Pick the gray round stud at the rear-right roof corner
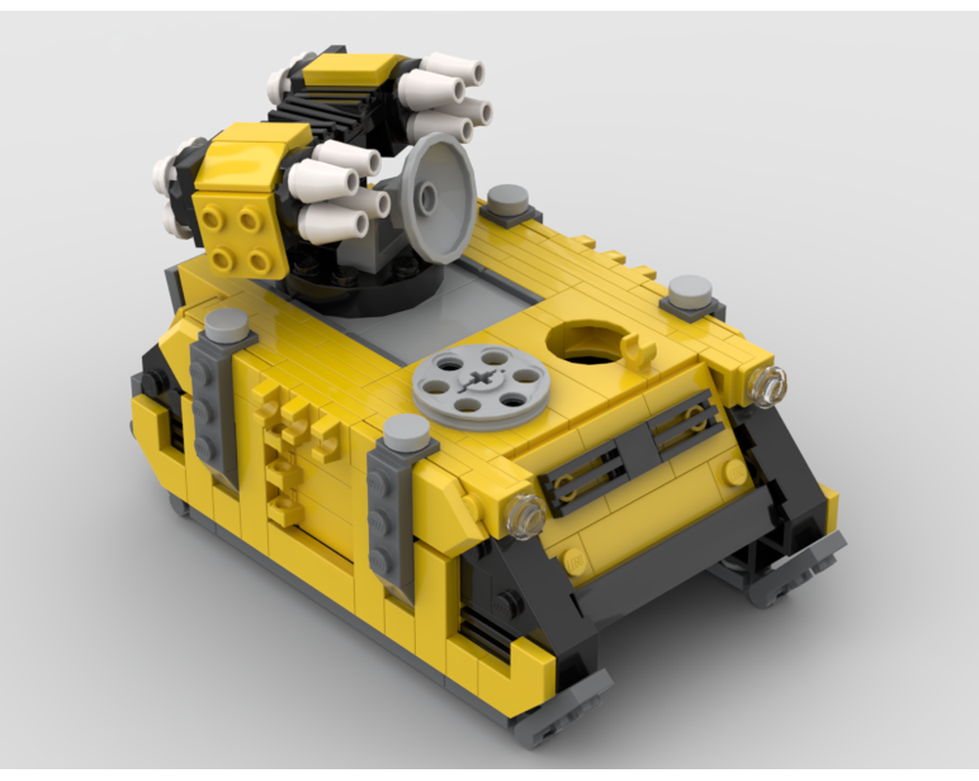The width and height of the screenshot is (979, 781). pos(691,290)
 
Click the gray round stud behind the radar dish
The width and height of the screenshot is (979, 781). pos(508,200)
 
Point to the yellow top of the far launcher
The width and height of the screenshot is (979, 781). pos(348,69)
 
